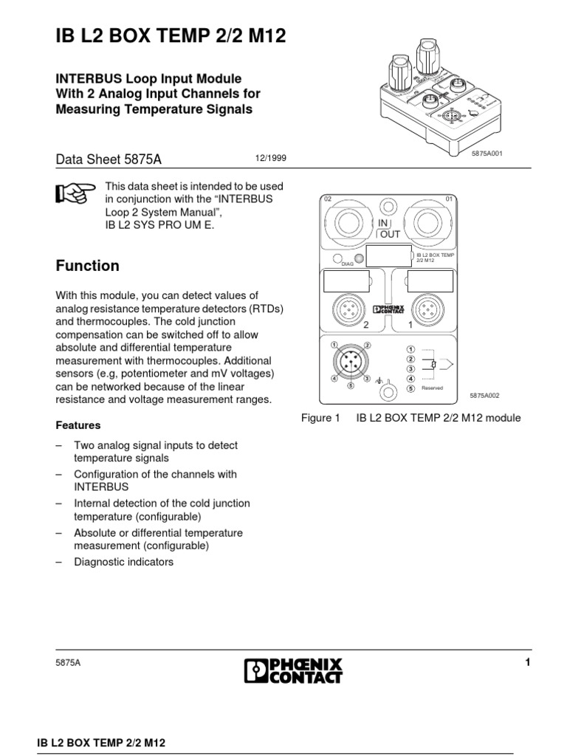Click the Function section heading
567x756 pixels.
pyautogui.click(x=88, y=266)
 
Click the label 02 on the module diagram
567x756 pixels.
pyautogui.click(x=329, y=199)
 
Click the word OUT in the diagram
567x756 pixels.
pyautogui.click(x=389, y=234)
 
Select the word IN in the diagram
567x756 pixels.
pyautogui.click(x=383, y=222)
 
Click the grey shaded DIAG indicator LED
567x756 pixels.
pyautogui.click(x=360, y=258)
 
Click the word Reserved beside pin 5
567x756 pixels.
pyautogui.click(x=433, y=387)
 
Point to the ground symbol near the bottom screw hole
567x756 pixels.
pyautogui.click(x=379, y=382)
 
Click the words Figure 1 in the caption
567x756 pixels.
pyautogui.click(x=320, y=418)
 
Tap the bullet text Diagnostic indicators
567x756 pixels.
pyautogui.click(x=123, y=562)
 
